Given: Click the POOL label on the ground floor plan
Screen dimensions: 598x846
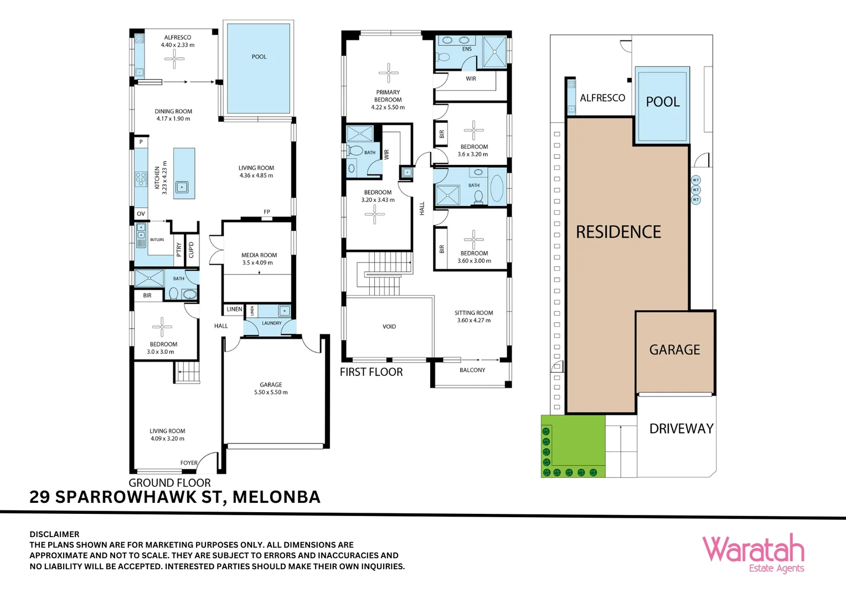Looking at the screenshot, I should [259, 57].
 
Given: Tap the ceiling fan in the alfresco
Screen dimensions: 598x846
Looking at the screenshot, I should [174, 59].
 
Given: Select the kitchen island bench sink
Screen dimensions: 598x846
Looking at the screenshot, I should [182, 188].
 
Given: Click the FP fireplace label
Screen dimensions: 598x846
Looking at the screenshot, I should [267, 212].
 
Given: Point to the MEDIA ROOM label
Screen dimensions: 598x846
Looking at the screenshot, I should [259, 255].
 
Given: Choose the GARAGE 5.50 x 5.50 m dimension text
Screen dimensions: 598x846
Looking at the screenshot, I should [271, 393].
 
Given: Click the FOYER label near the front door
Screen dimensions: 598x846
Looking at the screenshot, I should [189, 463].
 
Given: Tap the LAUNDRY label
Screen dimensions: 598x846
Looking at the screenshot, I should [271, 323].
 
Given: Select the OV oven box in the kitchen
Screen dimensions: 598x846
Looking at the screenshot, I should [141, 214].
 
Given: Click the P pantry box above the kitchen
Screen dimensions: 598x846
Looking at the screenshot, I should [141, 142].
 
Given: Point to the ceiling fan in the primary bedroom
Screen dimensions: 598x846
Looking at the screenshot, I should [388, 73].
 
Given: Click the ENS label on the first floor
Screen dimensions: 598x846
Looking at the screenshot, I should [467, 49].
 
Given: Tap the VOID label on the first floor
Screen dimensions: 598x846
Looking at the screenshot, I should [389, 327].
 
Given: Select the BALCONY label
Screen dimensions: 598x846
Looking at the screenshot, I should [472, 370].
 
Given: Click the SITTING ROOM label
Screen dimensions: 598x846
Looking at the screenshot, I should [473, 313].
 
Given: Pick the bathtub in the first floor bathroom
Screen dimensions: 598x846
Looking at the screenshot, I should [497, 188].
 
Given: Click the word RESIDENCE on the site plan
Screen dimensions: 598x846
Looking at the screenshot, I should [618, 232].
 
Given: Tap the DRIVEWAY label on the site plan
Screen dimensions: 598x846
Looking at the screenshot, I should [681, 429].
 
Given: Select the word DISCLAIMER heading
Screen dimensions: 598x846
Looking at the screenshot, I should [54, 534].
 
